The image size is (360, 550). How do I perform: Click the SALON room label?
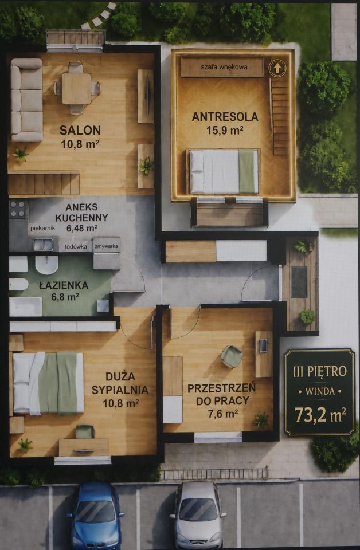pyautogui.click(x=80, y=130)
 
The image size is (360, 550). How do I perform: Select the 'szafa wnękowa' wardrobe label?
pyautogui.click(x=224, y=66)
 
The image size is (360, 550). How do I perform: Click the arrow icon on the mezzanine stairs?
pyautogui.click(x=277, y=68)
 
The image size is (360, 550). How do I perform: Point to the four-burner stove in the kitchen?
pyautogui.click(x=18, y=209)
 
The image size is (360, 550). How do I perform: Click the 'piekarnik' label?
pyautogui.click(x=43, y=228)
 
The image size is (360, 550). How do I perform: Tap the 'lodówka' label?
pyautogui.click(x=76, y=246)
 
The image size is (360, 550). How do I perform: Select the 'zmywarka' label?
pyautogui.click(x=106, y=246)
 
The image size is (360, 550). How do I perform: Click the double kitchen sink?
pyautogui.click(x=44, y=245)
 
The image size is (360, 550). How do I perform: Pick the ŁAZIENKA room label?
pyautogui.click(x=64, y=285)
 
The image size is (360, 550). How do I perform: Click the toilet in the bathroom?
pyautogui.click(x=18, y=284)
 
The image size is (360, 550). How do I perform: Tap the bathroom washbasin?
pyautogui.click(x=46, y=265)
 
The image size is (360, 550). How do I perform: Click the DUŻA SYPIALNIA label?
pyautogui.click(x=120, y=383)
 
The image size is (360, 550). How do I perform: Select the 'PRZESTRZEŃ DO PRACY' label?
pyautogui.click(x=221, y=394)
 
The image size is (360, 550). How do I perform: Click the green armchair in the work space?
pyautogui.click(x=232, y=356)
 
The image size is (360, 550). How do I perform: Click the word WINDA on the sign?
pyautogui.click(x=320, y=391)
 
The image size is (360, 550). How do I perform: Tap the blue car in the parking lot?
pyautogui.click(x=95, y=516)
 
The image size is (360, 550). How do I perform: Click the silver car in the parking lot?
pyautogui.click(x=197, y=516)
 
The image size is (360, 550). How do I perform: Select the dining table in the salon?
pyautogui.click(x=76, y=88)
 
